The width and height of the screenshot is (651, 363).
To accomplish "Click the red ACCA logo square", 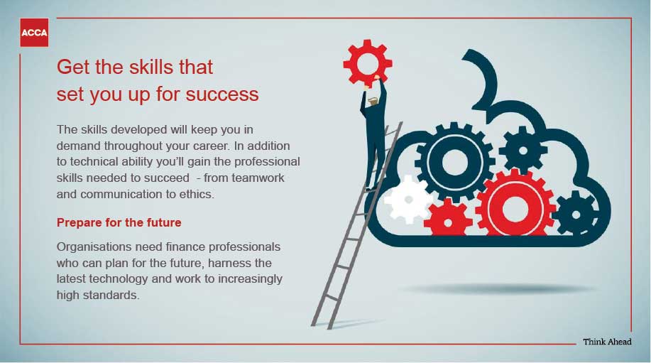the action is point(34,33).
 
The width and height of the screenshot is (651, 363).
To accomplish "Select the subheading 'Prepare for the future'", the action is point(119,222).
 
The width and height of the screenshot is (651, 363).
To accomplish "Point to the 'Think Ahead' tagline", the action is point(607,342).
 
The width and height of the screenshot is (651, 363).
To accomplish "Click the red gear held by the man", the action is point(368,63).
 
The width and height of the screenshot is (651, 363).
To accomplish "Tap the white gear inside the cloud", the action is point(408,200).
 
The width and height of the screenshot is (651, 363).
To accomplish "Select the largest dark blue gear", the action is point(455,162).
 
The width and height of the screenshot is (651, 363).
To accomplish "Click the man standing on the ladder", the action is point(373,133).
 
